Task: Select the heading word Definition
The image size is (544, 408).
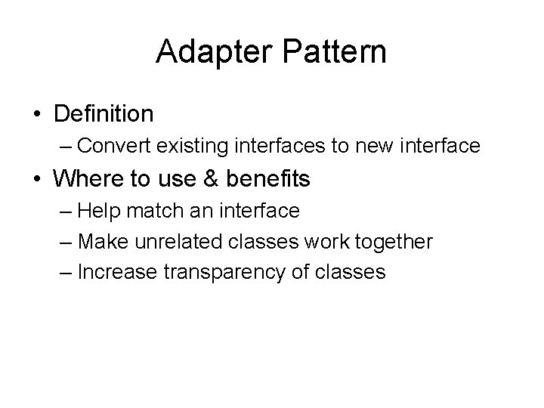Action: (104, 114)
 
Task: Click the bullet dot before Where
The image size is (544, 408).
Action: (37, 180)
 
